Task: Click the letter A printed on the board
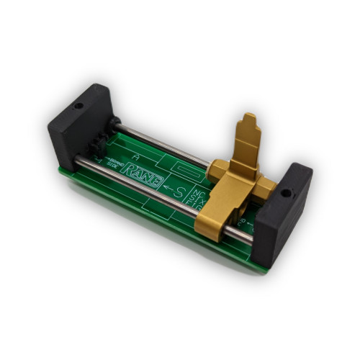(136, 153)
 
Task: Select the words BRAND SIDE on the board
(114, 163)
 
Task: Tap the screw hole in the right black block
(286, 194)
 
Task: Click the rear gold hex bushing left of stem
(217, 169)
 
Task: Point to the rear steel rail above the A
(151, 140)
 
